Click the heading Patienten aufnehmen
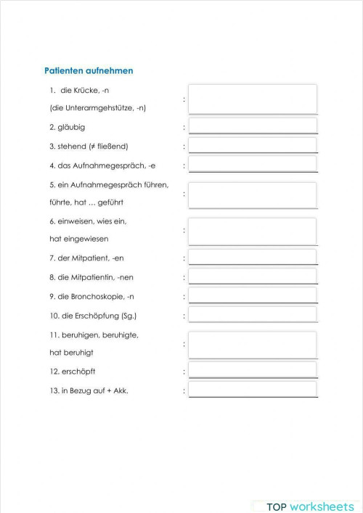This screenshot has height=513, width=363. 89,71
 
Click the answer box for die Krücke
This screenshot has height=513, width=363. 252,99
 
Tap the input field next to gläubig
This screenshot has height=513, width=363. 252,126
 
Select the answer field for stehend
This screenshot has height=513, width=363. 252,146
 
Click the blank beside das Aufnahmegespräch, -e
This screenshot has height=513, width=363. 252,165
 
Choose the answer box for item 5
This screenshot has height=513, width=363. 252,194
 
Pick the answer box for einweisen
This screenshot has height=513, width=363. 252,231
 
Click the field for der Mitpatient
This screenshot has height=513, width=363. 252,258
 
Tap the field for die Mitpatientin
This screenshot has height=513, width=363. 252,276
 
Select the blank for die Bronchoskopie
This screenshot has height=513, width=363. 252,295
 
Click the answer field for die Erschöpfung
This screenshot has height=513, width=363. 252,315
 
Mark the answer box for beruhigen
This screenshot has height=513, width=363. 252,345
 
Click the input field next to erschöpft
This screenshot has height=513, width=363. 252,371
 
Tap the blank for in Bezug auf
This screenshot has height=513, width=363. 252,390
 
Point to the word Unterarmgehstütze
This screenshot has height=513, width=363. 97,107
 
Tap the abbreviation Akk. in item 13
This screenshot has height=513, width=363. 131,390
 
